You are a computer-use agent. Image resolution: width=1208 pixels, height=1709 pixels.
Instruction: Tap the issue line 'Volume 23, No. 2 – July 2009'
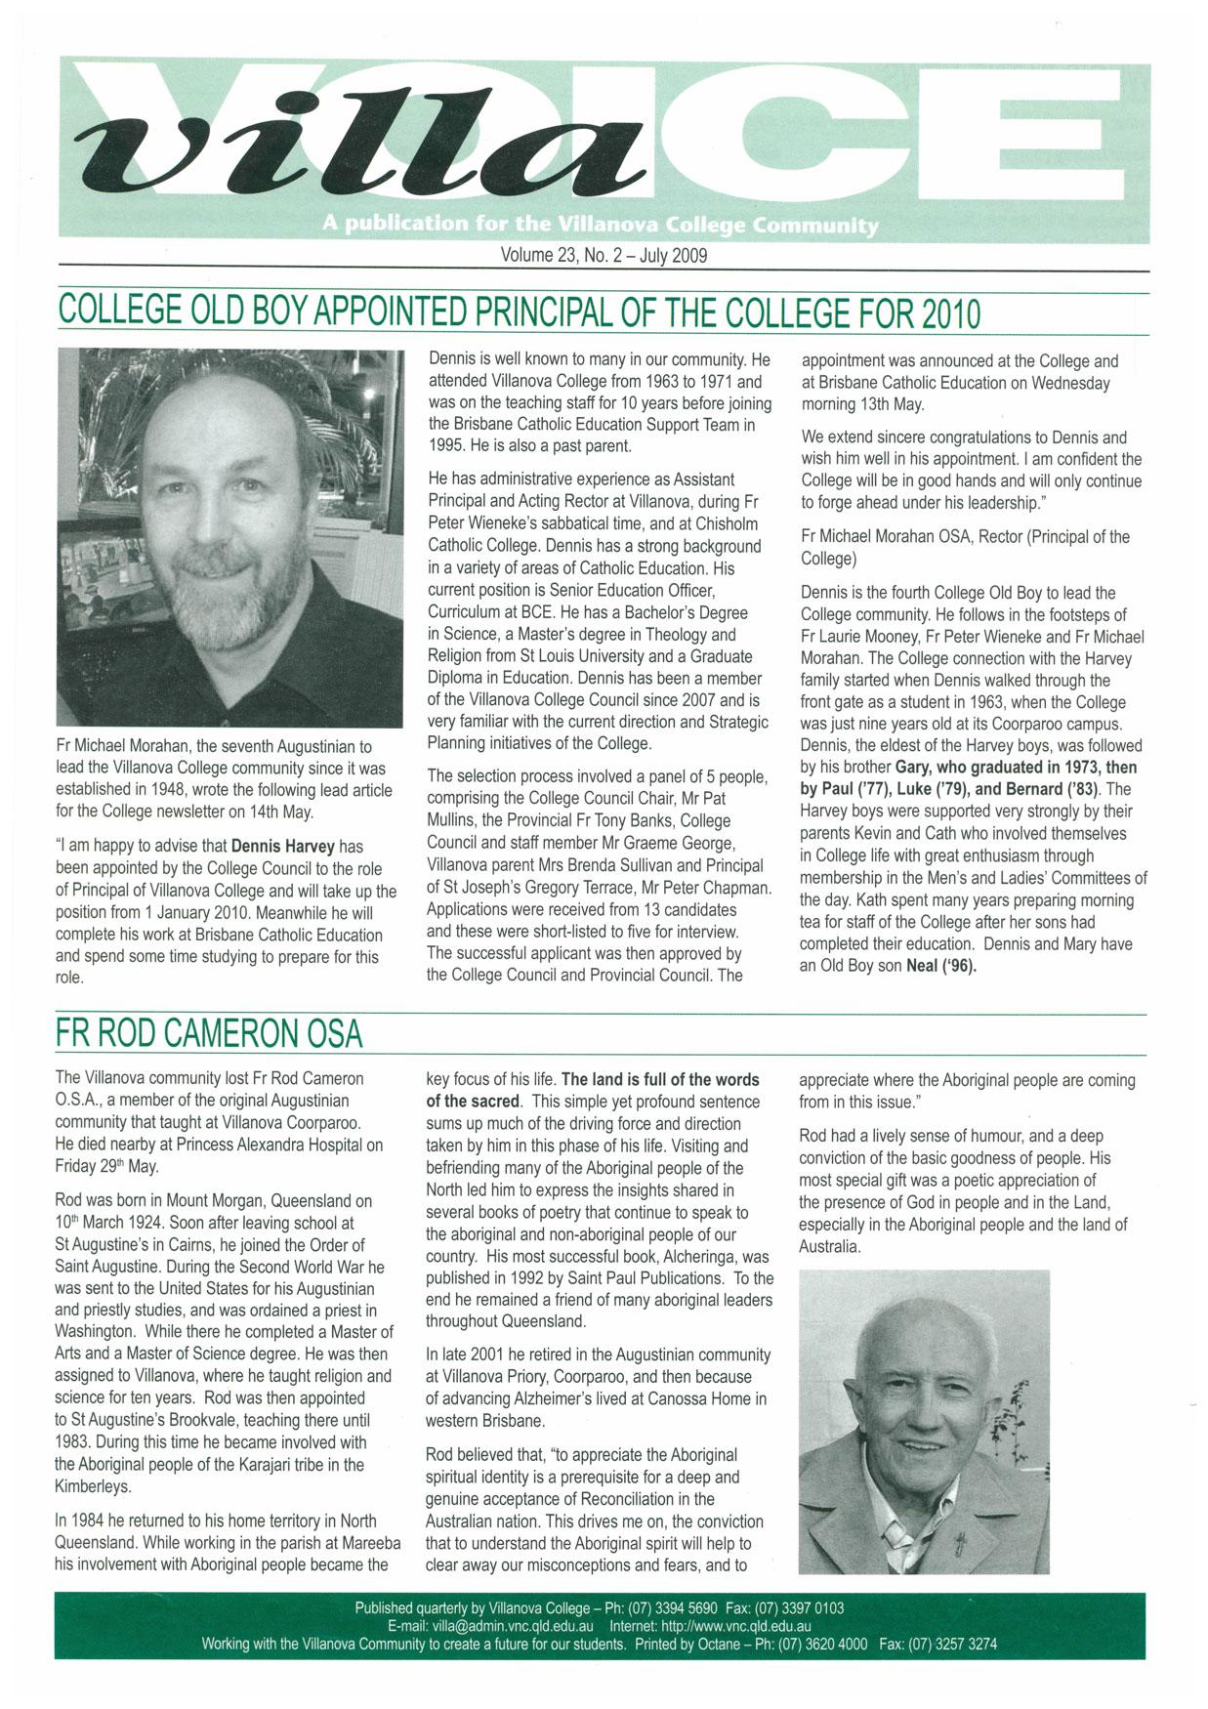[x=603, y=256]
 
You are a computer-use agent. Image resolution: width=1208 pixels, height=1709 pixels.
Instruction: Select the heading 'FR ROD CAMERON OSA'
[x=209, y=1033]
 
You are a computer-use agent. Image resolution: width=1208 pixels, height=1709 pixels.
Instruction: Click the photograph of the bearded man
[x=229, y=537]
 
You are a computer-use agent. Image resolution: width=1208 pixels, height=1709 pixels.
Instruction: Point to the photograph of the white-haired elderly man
[x=924, y=1421]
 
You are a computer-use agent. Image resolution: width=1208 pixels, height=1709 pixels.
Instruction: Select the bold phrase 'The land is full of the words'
[x=660, y=1080]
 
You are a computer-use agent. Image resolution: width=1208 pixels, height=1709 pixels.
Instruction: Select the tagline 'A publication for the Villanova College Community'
[x=600, y=226]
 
